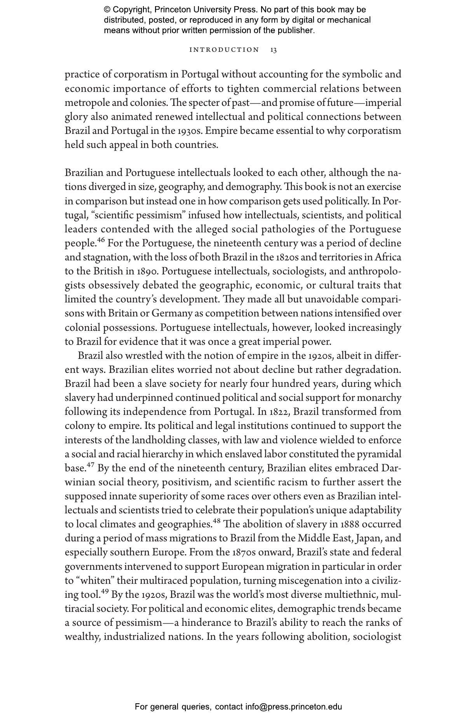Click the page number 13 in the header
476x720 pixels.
pyautogui.click(x=274, y=50)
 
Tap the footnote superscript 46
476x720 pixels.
pyautogui.click(x=101, y=240)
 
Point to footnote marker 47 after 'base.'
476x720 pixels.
pyautogui.click(x=90, y=465)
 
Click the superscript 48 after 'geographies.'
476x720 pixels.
pyautogui.click(x=217, y=521)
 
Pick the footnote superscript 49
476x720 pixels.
pyautogui.click(x=105, y=591)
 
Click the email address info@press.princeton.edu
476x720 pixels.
pyautogui.click(x=293, y=707)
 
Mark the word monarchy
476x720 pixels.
pyautogui.click(x=379, y=398)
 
